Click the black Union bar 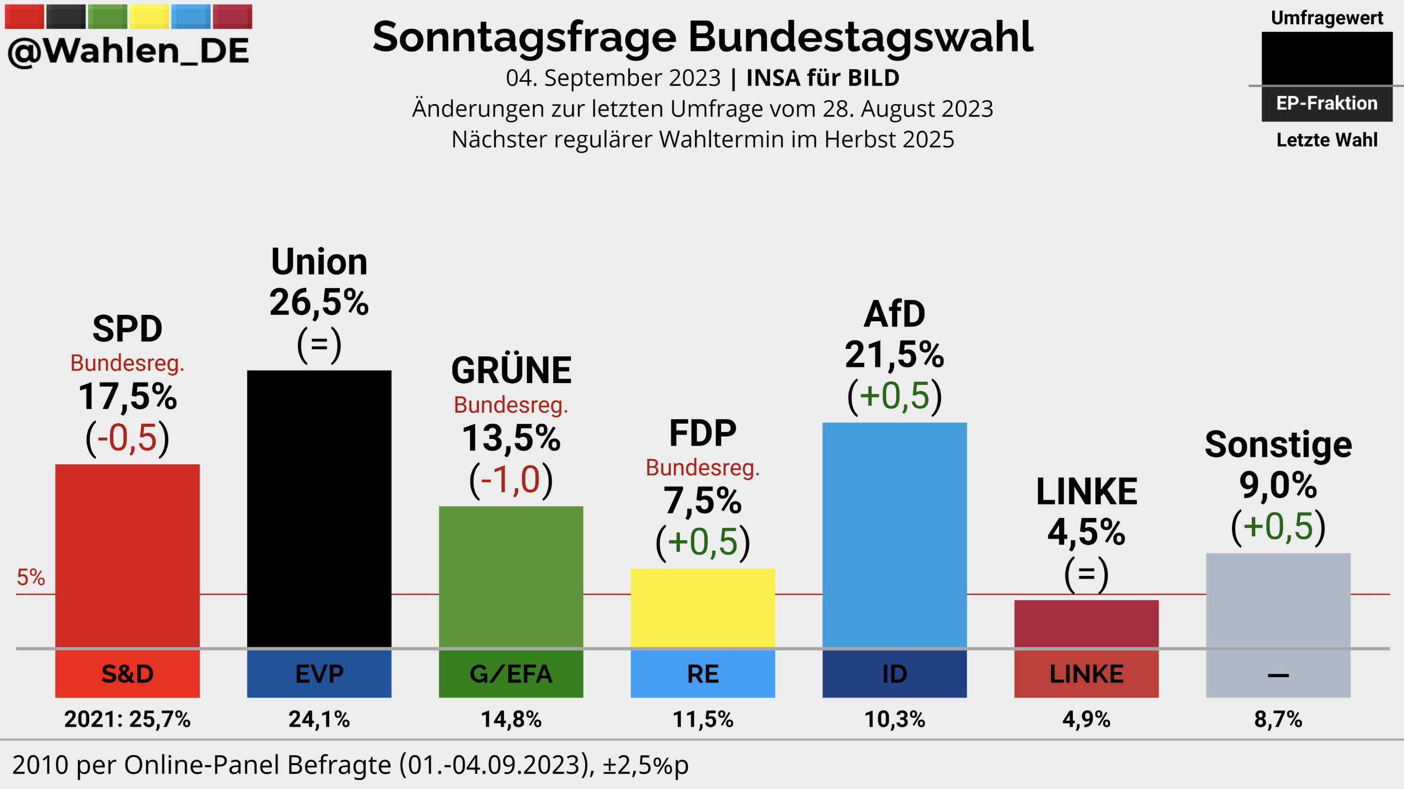point(319,509)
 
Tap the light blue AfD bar point(894,535)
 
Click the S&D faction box point(127,674)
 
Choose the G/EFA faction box point(511,674)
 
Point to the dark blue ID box point(894,674)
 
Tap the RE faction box point(702,674)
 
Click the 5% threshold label point(31,577)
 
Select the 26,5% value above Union point(319,302)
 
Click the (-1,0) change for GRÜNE point(511,480)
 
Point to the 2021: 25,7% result point(127,719)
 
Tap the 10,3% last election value point(894,719)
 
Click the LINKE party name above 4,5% point(1086,492)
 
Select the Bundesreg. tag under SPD point(127,363)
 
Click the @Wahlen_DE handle point(128,51)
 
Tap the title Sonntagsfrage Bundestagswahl point(702,37)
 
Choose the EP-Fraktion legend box point(1327,103)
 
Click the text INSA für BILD point(822,78)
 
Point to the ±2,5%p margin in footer point(645,765)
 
